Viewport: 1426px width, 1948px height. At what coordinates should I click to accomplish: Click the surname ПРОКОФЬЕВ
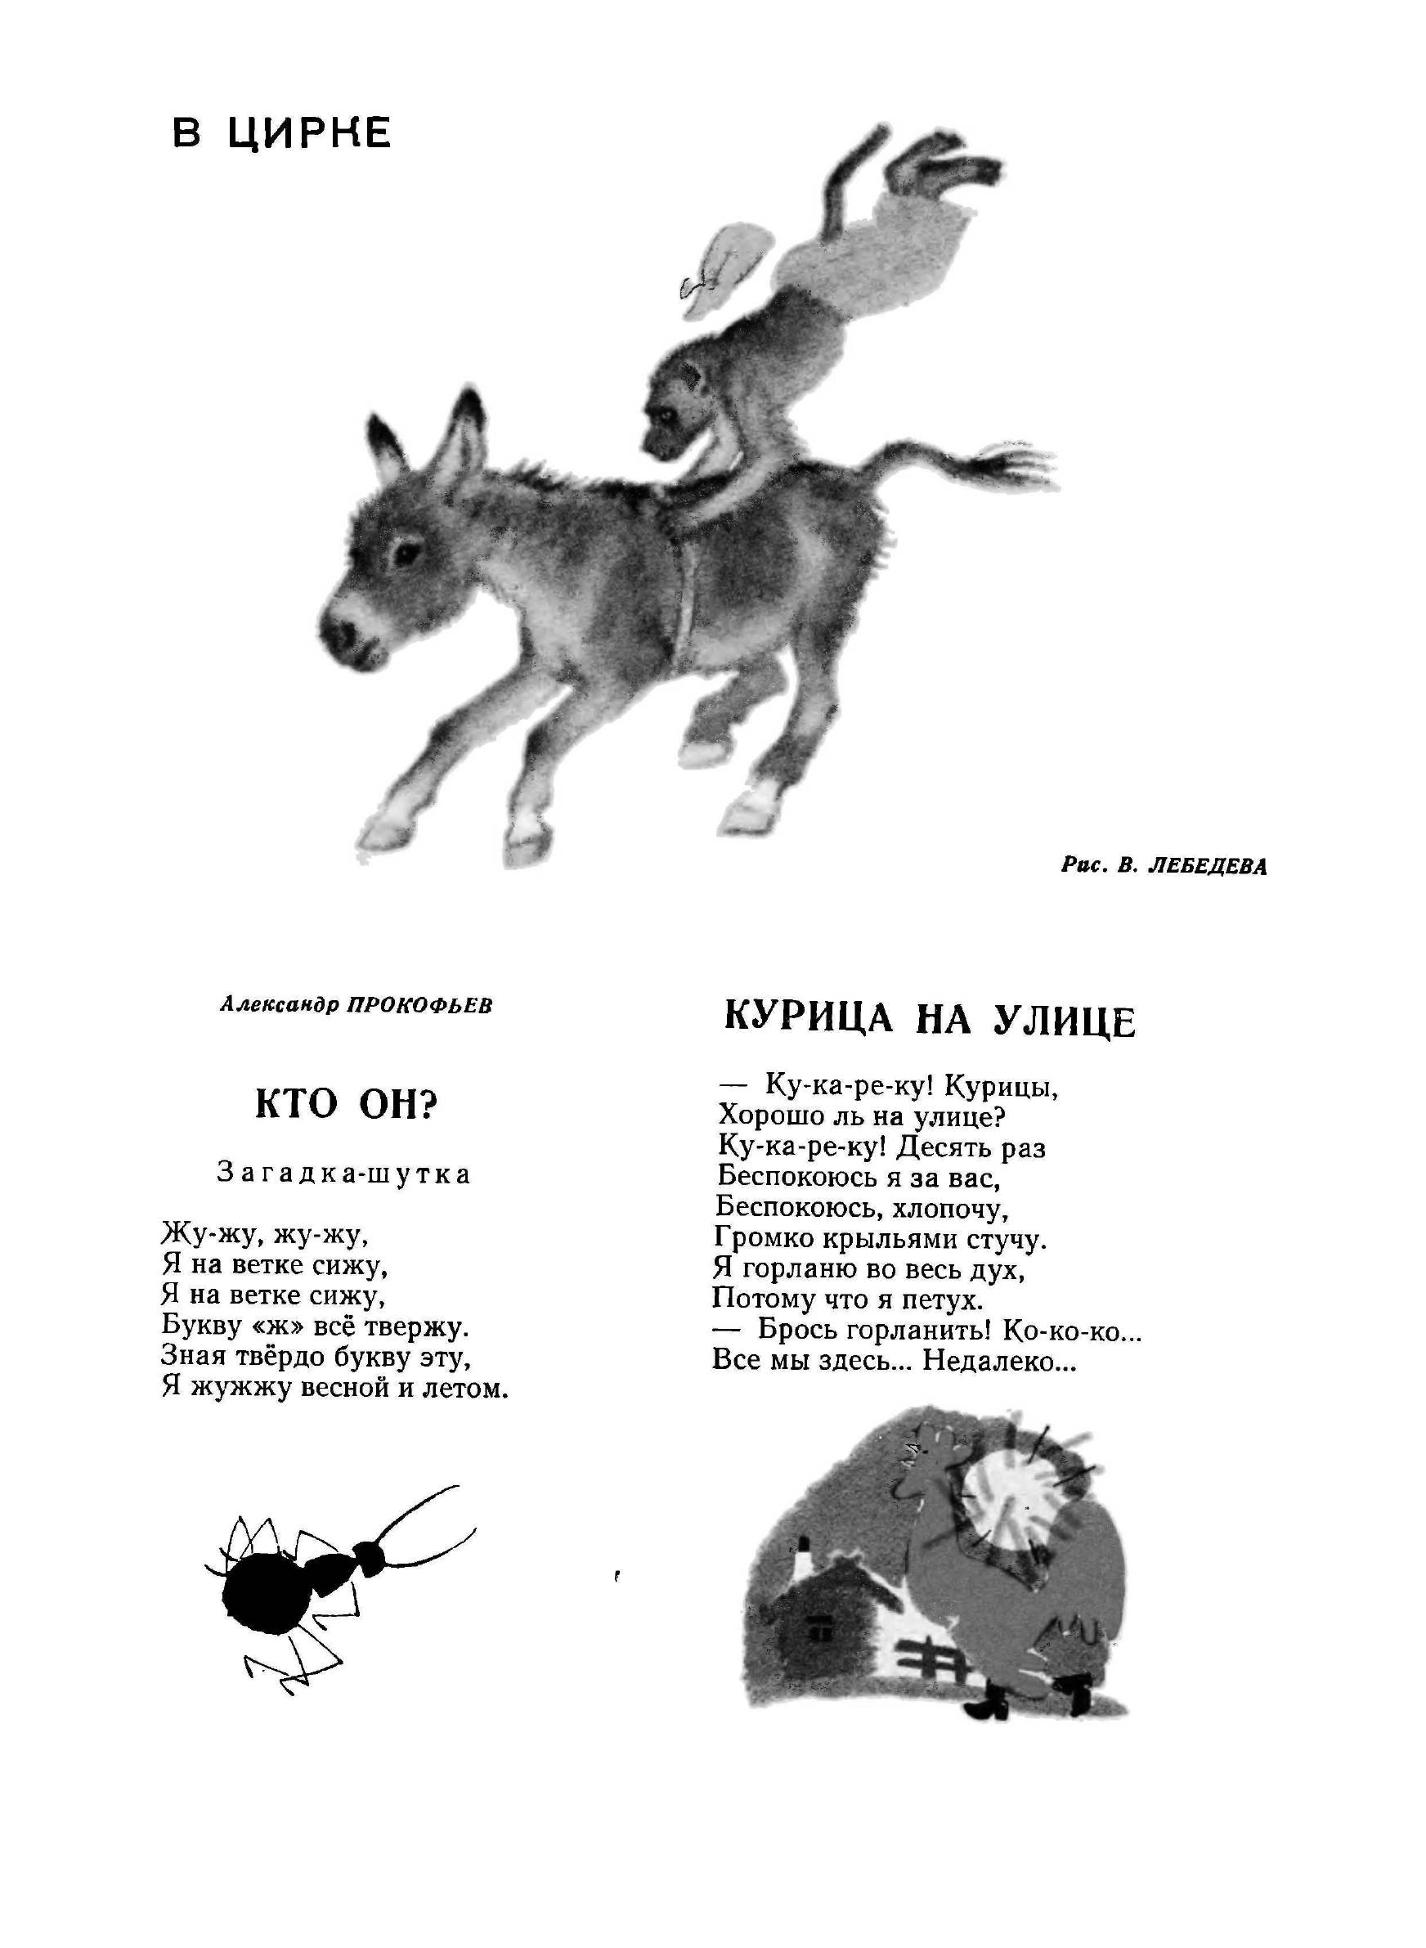coord(419,1006)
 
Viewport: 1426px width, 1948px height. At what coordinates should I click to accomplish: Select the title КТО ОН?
coord(346,1106)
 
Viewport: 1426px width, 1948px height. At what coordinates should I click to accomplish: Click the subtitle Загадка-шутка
coord(344,1174)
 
